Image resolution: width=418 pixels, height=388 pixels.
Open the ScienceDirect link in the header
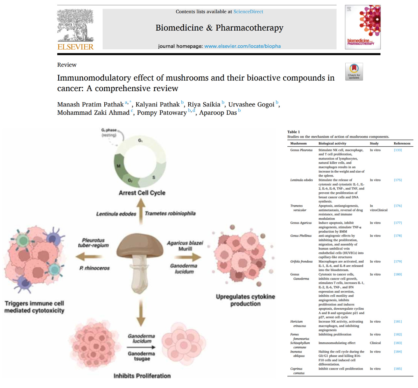248,12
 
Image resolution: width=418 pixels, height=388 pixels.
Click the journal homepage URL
243,46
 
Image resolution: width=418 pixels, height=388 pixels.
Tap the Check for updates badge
354,71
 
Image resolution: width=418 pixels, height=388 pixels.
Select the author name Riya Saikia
204,105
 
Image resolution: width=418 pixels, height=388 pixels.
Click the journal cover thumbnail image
363,27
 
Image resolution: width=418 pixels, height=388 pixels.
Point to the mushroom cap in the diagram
140,246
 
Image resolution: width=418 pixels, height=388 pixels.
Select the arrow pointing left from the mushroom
84,256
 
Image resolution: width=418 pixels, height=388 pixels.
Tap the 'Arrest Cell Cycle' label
142,193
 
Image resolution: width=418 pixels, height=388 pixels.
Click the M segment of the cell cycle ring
119,166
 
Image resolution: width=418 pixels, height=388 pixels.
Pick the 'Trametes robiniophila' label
170,214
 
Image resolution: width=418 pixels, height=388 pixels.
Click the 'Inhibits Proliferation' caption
142,376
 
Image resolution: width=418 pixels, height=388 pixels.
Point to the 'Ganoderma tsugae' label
142,356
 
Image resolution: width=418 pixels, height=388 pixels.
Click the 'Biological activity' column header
332,143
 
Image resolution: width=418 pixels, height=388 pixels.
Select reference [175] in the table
398,180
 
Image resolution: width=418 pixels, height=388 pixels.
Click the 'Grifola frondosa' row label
301,262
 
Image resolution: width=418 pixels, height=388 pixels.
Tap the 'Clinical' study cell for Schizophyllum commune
375,343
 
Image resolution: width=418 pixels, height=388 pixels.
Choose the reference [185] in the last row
398,369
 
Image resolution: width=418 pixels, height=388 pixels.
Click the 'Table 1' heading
294,132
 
